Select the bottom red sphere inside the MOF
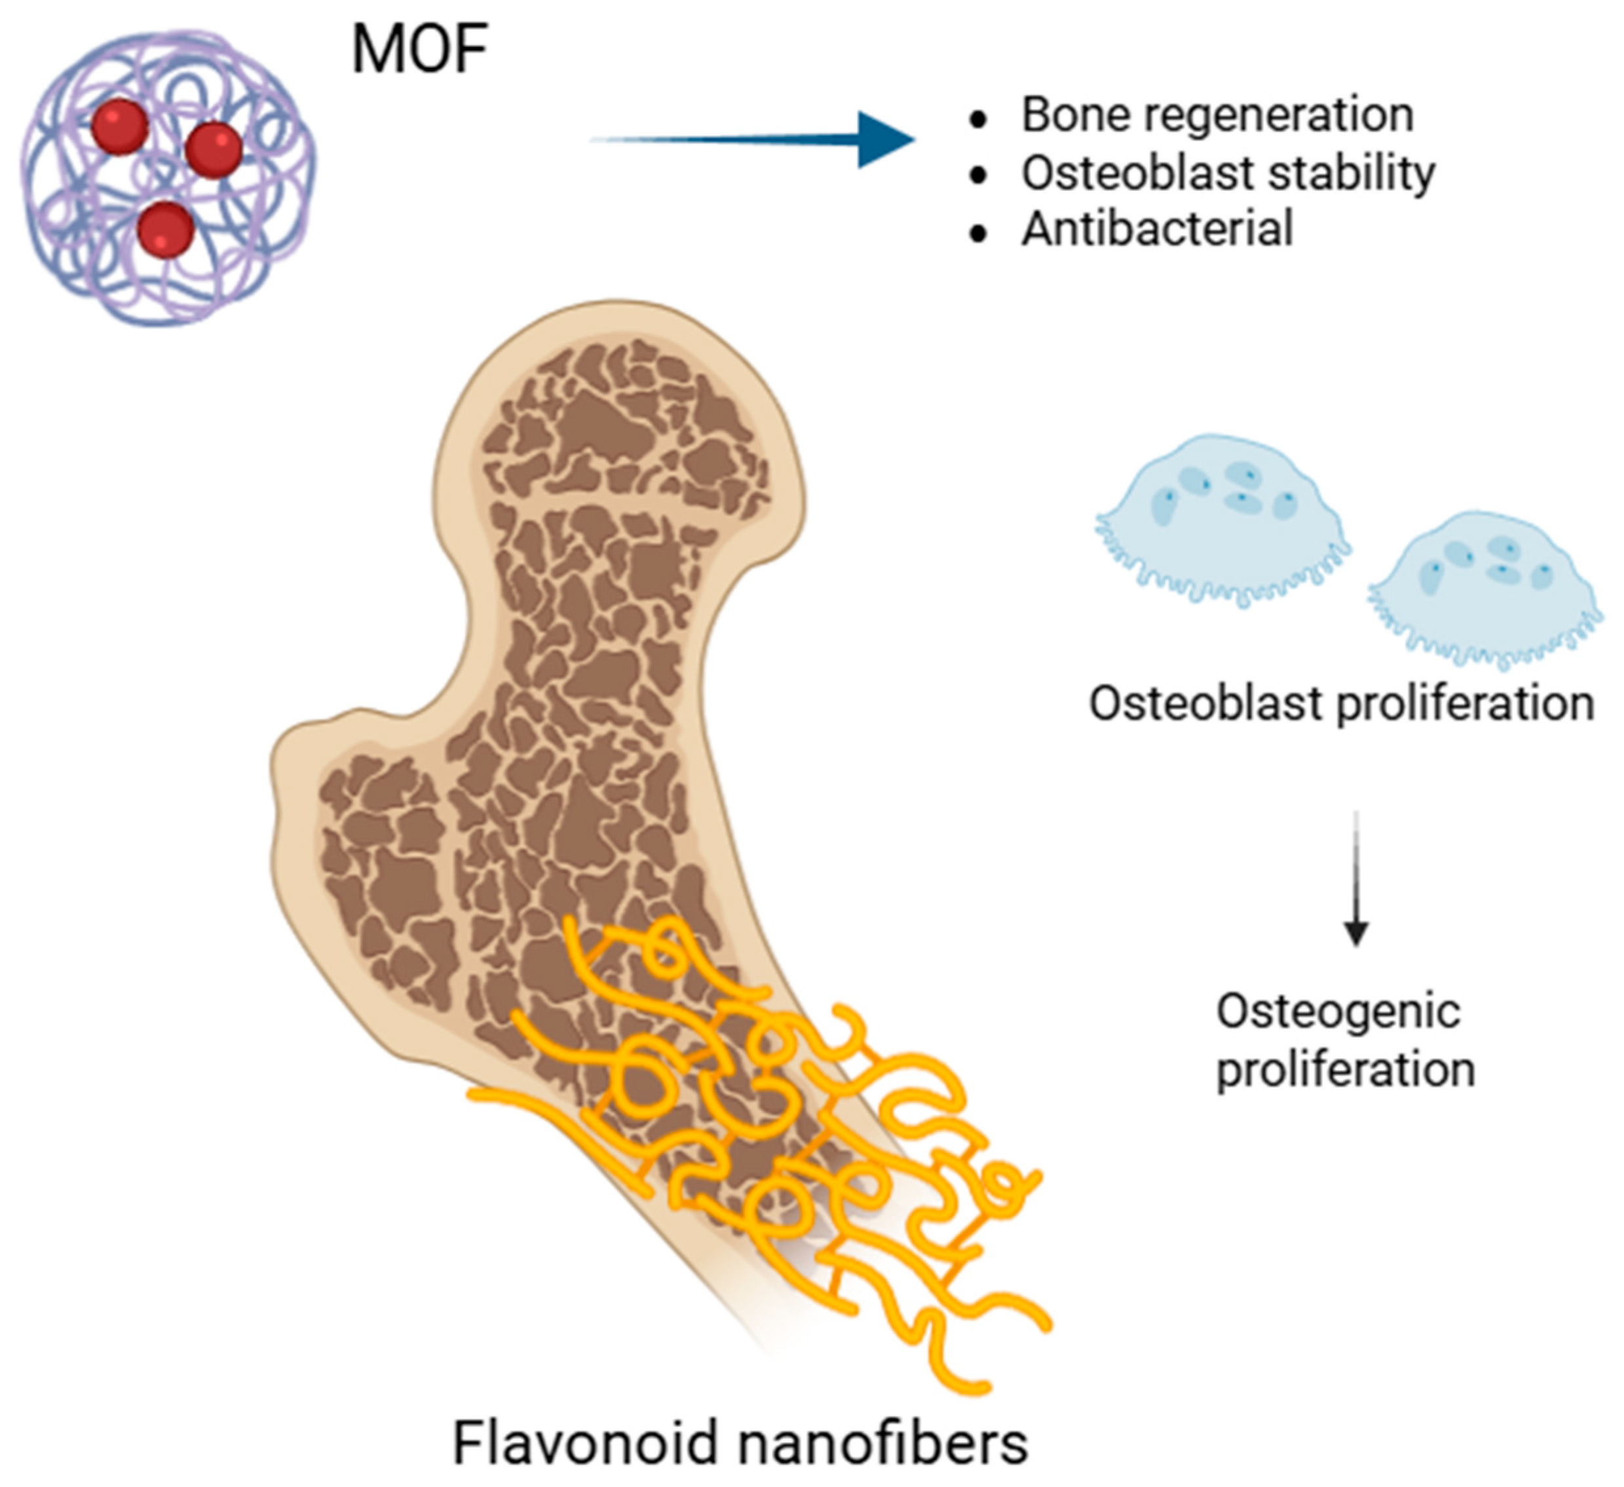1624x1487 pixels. (x=166, y=229)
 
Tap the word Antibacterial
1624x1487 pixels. (x=1158, y=229)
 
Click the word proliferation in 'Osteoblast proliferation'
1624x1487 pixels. (x=1465, y=704)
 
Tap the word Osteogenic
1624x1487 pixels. (x=1338, y=1011)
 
